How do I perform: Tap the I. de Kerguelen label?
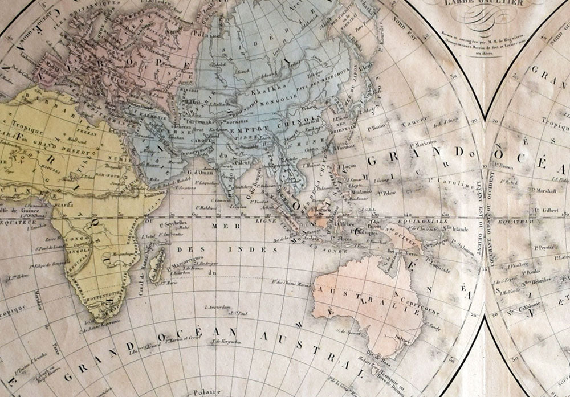(223, 342)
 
